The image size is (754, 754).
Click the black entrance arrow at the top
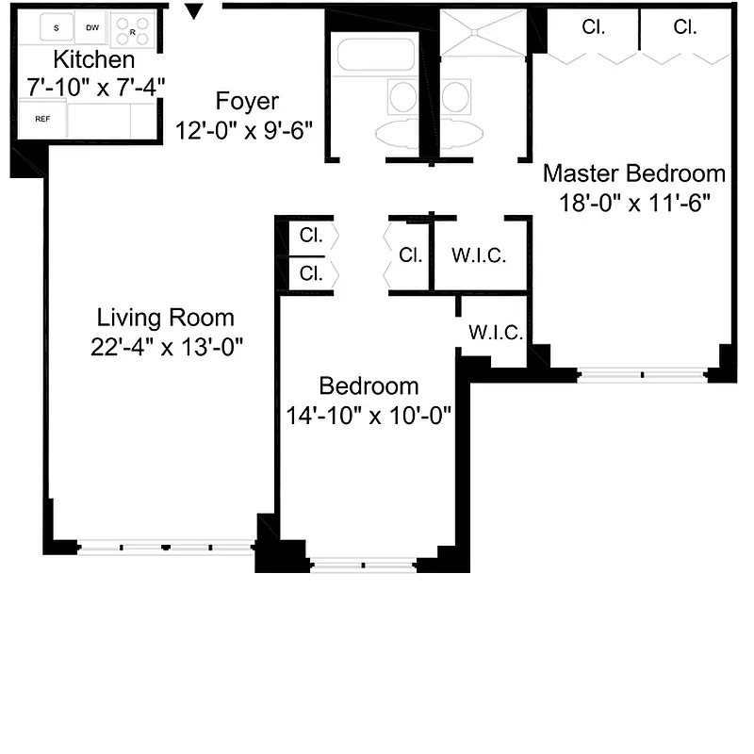pyautogui.click(x=194, y=12)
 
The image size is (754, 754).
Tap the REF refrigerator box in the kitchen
pyautogui.click(x=41, y=120)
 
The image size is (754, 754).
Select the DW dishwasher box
pyautogui.click(x=91, y=29)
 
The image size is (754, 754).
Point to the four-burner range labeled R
pyautogui.click(x=133, y=31)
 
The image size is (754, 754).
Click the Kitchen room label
pyautogui.click(x=93, y=60)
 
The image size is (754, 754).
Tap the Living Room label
pyautogui.click(x=166, y=319)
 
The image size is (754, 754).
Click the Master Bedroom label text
pyautogui.click(x=634, y=174)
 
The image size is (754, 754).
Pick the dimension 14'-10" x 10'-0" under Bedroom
pyautogui.click(x=369, y=415)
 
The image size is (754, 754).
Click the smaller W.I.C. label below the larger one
pyautogui.click(x=489, y=333)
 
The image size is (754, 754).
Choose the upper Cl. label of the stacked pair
pyautogui.click(x=311, y=237)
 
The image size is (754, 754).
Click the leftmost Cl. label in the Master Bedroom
pyautogui.click(x=593, y=27)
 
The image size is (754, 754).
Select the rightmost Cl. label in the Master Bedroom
pyautogui.click(x=685, y=27)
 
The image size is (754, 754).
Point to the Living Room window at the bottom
pyautogui.click(x=166, y=547)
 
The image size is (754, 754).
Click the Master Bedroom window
pyautogui.click(x=643, y=375)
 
